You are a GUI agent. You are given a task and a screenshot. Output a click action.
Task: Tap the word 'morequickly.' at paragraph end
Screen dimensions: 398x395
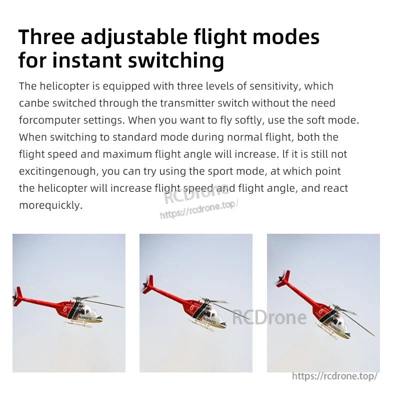50,205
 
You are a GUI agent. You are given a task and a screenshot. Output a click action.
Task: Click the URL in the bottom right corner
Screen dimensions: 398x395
334,376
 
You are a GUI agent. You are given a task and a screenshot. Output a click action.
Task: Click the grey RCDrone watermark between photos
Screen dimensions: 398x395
269,317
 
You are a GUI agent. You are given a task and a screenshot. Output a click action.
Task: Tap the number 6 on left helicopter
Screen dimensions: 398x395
65,309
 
